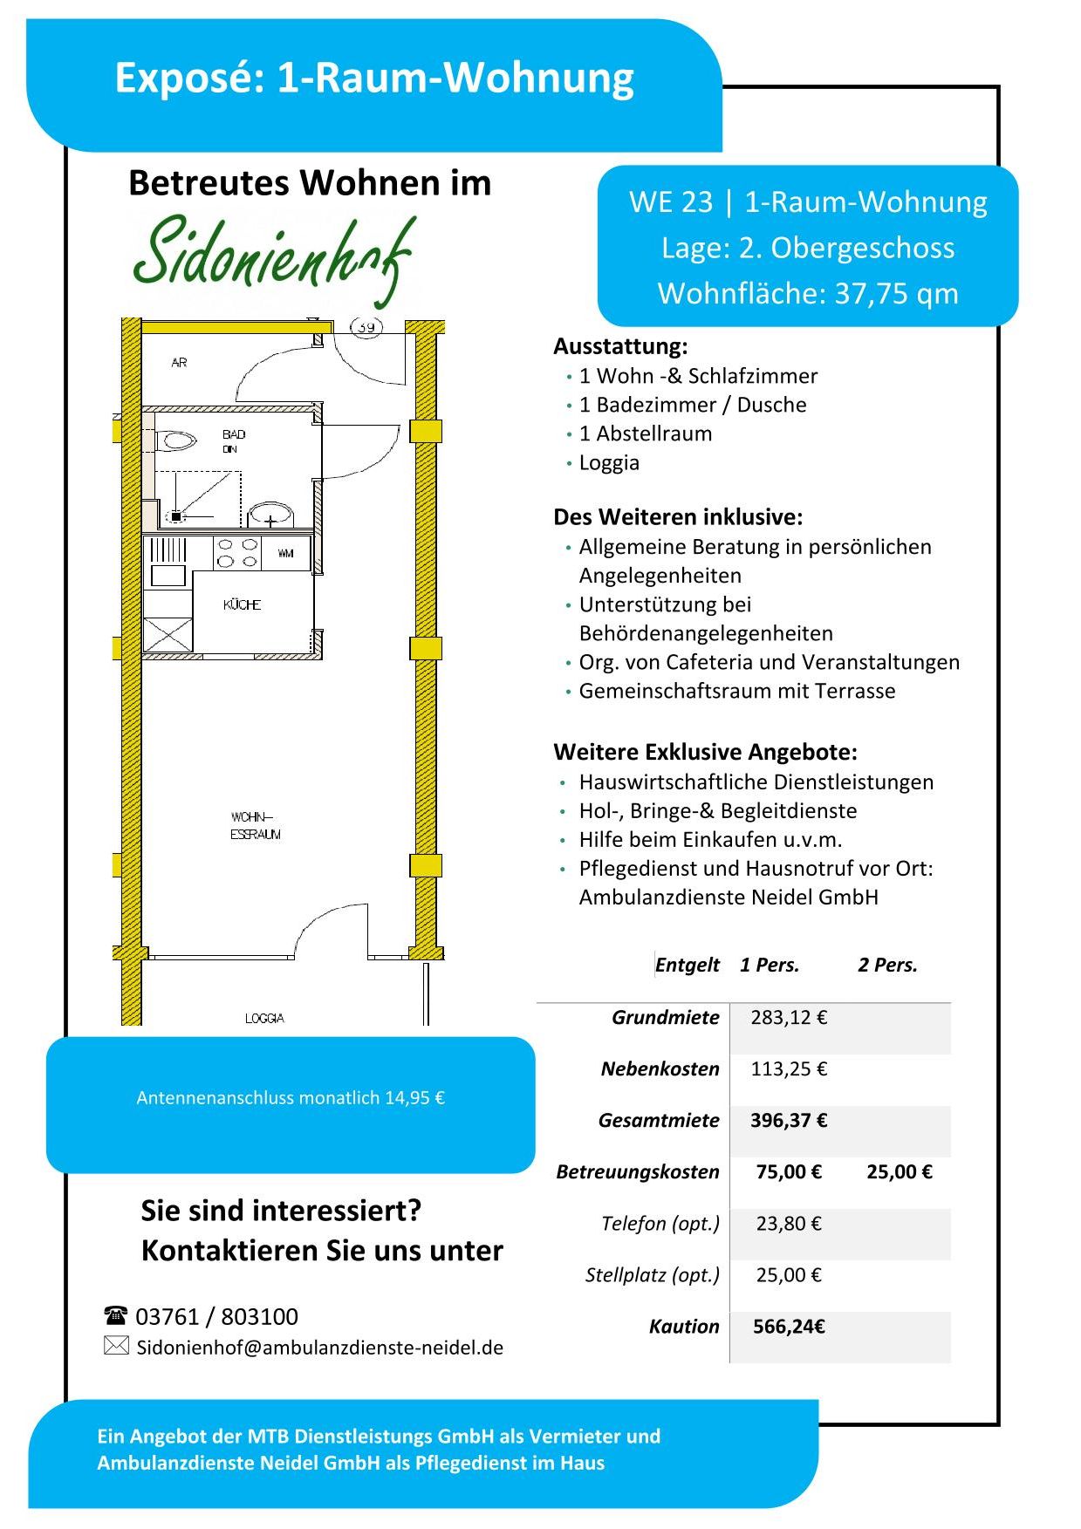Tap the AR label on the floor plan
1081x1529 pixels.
tap(179, 362)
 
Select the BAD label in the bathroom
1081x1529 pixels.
tap(234, 434)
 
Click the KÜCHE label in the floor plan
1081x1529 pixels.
tap(242, 604)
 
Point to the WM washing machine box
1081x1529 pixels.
tap(285, 553)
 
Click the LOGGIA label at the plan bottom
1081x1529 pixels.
tap(264, 1018)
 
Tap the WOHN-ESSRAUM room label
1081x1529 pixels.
tap(255, 826)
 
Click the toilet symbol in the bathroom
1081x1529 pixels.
tap(179, 441)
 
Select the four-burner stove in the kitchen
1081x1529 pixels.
tap(237, 553)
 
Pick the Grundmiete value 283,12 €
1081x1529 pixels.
tap(789, 1017)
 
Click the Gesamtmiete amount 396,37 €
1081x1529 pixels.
tap(789, 1120)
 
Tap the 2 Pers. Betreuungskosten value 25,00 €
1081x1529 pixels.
tap(899, 1171)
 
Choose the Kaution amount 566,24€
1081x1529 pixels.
tap(789, 1326)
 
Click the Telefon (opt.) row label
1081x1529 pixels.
tap(660, 1223)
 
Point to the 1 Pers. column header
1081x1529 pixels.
tap(770, 965)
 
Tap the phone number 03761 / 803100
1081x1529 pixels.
tap(216, 1316)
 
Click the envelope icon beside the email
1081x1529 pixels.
tap(116, 1345)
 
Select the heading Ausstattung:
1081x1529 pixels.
tap(620, 346)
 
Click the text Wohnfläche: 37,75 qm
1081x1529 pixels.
tap(808, 293)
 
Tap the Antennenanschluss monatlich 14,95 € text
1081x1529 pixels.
tap(291, 1097)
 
